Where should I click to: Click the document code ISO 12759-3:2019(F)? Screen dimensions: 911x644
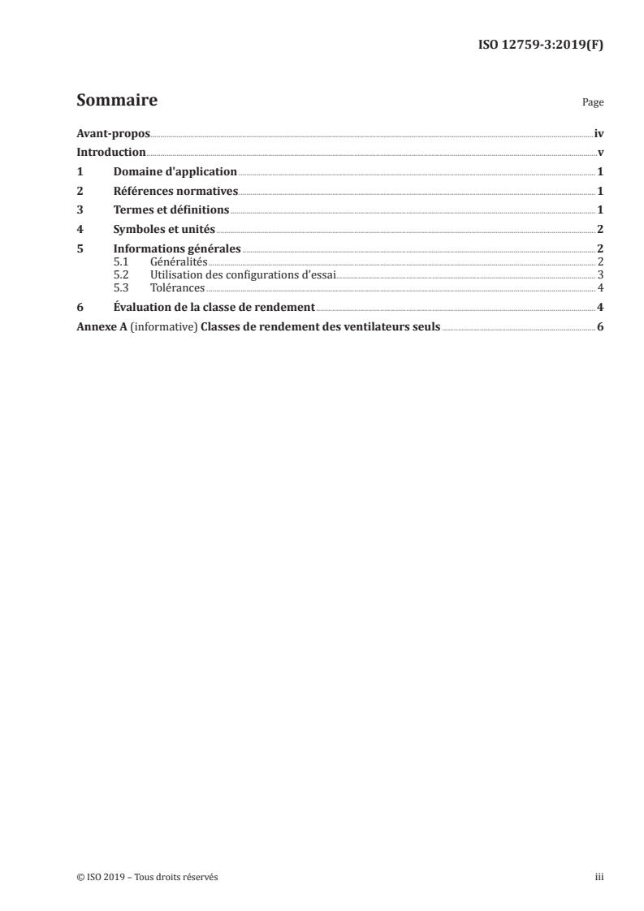click(539, 45)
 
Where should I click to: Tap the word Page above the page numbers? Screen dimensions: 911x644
click(593, 103)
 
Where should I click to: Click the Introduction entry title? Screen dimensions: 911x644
click(110, 153)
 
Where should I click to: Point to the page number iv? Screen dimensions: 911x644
click(599, 133)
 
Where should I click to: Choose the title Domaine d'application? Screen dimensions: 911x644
click(175, 172)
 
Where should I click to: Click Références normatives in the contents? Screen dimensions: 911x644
click(175, 192)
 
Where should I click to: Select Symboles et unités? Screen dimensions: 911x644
click(165, 230)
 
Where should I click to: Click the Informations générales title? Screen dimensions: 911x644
click(177, 249)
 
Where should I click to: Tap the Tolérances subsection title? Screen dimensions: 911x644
click(178, 287)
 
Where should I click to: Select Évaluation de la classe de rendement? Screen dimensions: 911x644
click(214, 308)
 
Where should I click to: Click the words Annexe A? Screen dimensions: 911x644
click(100, 327)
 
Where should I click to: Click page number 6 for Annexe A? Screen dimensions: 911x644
click(600, 327)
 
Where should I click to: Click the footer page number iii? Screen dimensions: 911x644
click(599, 877)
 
